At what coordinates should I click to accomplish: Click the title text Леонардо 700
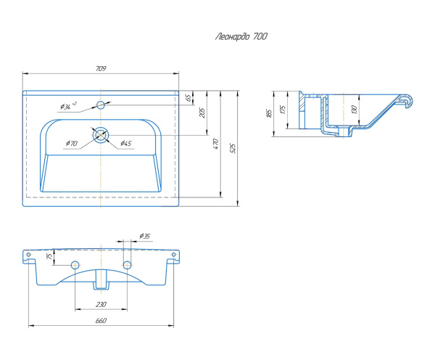(x=241, y=37)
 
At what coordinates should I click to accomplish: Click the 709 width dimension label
(x=101, y=69)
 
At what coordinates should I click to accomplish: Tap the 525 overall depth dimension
(x=233, y=148)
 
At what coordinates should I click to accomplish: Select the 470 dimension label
(x=216, y=144)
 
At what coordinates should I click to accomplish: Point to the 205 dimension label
(x=202, y=112)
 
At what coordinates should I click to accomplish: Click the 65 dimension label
(x=188, y=98)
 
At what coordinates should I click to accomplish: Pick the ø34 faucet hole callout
(x=68, y=106)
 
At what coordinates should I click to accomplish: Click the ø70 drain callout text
(x=72, y=143)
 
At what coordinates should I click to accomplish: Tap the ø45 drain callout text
(x=125, y=143)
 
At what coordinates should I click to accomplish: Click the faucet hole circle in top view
(x=101, y=105)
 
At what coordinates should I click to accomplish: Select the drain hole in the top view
(x=101, y=135)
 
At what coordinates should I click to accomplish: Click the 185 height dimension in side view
(x=269, y=113)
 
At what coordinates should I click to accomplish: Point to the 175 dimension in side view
(x=283, y=109)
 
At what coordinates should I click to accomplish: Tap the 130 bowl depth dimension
(x=354, y=110)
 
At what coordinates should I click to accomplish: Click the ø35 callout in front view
(x=145, y=237)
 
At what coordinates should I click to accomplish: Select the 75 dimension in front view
(x=49, y=256)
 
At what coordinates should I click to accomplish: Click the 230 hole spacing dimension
(x=101, y=304)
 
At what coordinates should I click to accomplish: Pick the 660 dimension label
(x=101, y=321)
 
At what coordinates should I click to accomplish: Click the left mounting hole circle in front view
(x=75, y=265)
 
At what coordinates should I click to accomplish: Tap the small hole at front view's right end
(x=174, y=255)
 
